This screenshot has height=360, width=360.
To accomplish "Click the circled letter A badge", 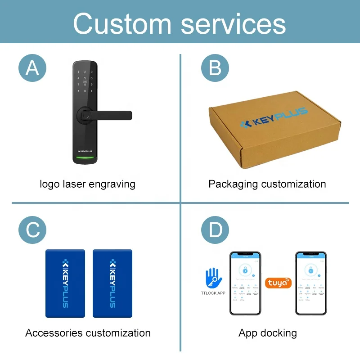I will click(x=32, y=68).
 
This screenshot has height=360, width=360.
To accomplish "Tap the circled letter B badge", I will click(x=215, y=68).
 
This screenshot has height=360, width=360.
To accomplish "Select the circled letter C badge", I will click(x=32, y=230).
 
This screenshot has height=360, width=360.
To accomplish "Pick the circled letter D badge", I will click(x=215, y=230).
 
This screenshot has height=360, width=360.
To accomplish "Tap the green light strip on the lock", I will click(x=85, y=158).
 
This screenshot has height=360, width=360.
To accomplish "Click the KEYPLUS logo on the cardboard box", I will click(x=273, y=118).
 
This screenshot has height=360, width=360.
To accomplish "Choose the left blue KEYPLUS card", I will click(x=65, y=283).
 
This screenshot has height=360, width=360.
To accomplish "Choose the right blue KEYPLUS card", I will click(x=112, y=283).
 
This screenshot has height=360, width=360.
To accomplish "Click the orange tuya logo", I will click(x=278, y=283).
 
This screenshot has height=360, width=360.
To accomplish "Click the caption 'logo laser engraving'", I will click(x=87, y=184).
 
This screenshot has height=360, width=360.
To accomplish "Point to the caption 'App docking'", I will click(x=268, y=333).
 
